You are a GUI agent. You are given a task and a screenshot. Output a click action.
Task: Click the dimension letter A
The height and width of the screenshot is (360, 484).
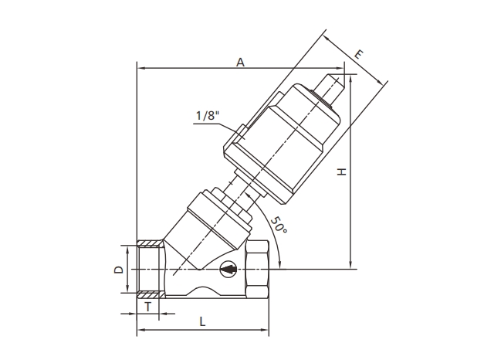241,62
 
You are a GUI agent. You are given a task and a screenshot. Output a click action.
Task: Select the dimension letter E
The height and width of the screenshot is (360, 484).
359,54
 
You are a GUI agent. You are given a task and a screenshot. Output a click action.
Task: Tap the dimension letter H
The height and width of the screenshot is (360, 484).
342,172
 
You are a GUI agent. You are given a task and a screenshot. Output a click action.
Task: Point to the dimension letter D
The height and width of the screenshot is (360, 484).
119,270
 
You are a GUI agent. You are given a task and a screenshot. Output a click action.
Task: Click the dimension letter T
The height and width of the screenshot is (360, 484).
148,307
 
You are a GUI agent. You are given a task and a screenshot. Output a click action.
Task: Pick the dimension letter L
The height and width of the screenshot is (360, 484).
202,322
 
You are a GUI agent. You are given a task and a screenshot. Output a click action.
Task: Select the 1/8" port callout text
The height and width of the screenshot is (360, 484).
208,116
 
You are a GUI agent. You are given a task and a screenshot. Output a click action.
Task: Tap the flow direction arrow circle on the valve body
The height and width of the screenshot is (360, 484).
228,270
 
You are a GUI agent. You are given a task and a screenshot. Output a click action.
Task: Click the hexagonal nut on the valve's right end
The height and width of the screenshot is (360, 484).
257,270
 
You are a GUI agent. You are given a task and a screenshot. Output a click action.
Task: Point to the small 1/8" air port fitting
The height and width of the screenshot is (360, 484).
242,133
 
